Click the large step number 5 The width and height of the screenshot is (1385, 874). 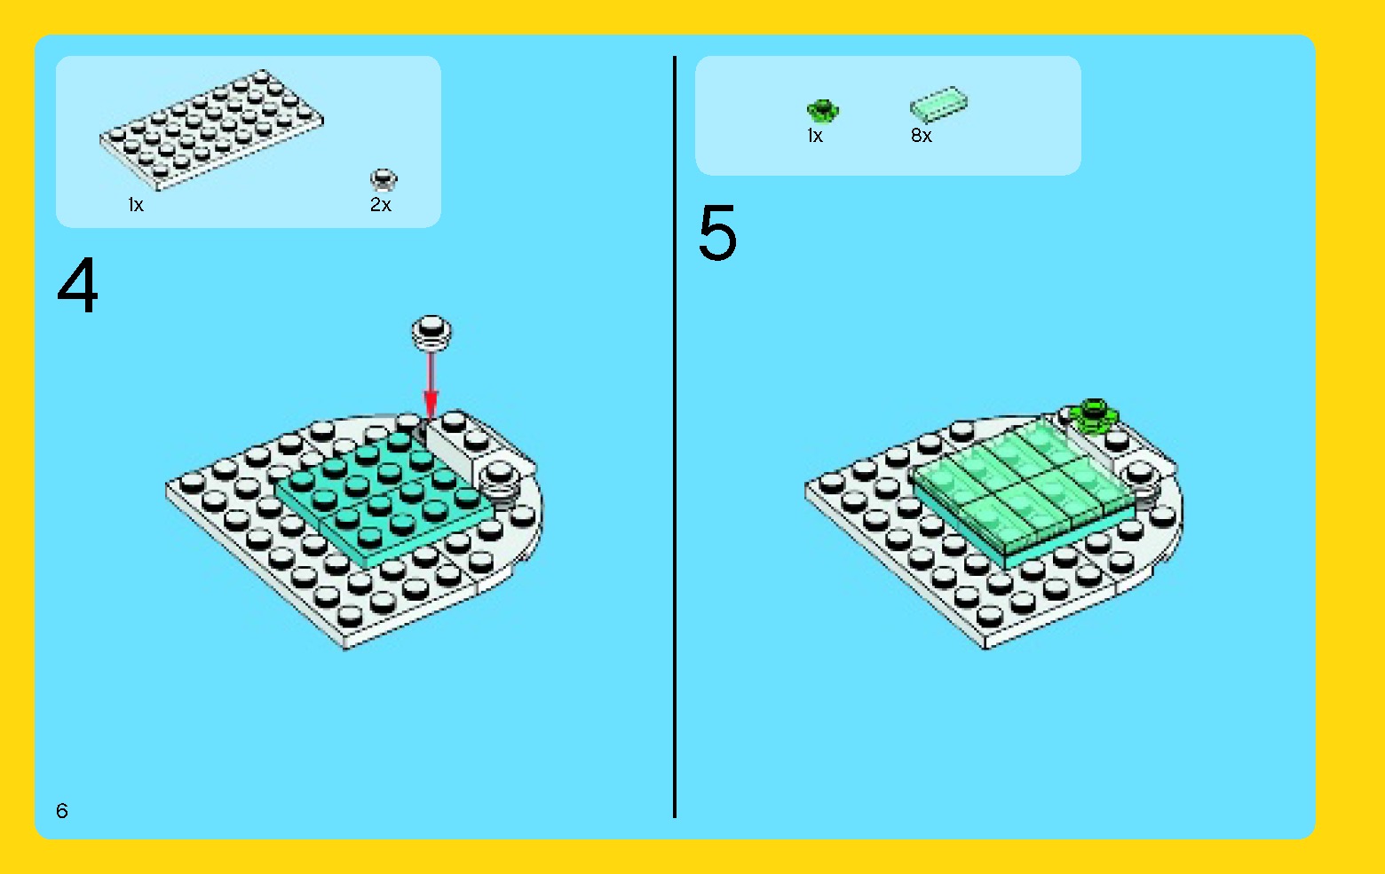[x=718, y=232]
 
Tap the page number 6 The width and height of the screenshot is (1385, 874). [x=62, y=810]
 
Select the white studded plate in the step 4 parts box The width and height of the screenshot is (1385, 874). [x=210, y=130]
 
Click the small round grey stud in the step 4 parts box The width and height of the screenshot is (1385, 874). [x=384, y=180]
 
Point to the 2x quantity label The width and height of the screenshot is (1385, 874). [x=381, y=205]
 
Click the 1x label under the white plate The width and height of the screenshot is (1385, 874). [x=136, y=205]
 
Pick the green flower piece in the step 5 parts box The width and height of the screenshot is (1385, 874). [x=822, y=111]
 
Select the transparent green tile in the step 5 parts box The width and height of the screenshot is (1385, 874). [x=938, y=104]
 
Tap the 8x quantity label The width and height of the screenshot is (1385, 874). [x=922, y=136]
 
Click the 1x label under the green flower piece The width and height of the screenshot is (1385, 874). [x=815, y=136]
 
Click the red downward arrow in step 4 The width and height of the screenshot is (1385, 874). [x=431, y=384]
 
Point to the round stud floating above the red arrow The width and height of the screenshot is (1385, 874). [x=431, y=333]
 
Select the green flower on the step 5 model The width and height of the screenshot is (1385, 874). [x=1095, y=414]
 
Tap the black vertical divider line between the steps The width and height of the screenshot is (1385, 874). [x=675, y=437]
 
